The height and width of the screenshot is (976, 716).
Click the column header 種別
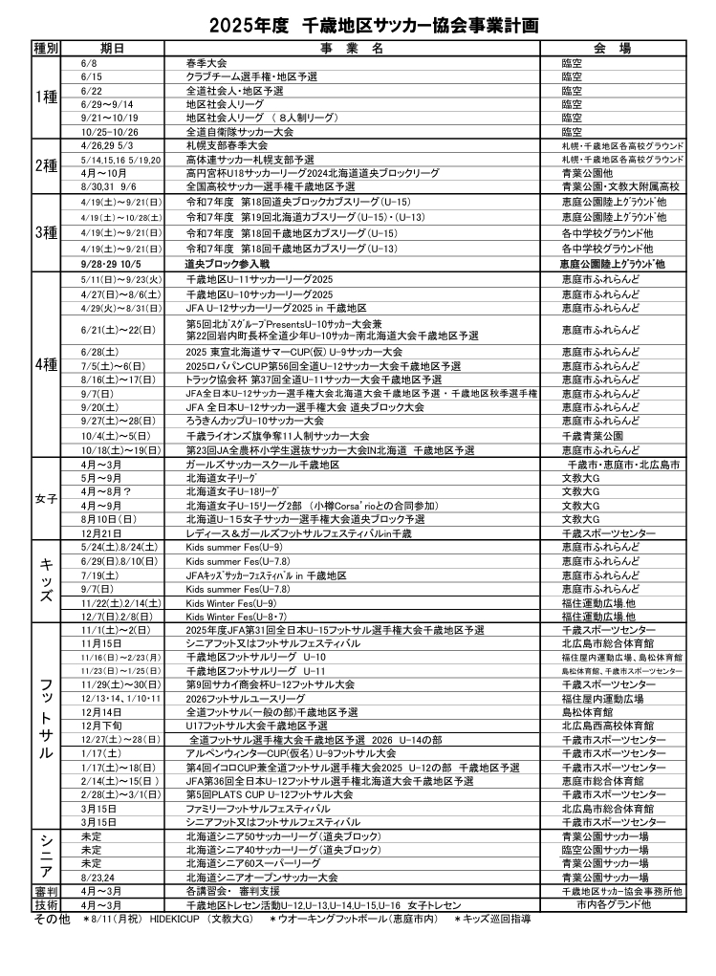coord(46,48)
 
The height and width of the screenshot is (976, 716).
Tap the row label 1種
coord(46,97)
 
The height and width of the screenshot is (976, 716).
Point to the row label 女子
coord(46,498)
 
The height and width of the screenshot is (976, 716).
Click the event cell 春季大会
coord(206,62)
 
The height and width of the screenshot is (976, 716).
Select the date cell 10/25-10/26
coord(110,131)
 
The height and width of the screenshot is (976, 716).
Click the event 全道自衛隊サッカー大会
coord(239,131)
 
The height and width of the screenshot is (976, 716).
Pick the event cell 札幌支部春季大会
coord(226,145)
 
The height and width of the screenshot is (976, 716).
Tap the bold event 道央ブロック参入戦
coord(228,262)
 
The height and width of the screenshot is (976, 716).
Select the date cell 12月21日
coord(101,532)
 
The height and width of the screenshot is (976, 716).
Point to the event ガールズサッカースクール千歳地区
coord(263,464)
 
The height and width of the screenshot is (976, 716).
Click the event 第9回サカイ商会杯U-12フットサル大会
coord(271,685)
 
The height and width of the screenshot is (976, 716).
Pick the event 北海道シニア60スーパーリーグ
coord(253,863)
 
